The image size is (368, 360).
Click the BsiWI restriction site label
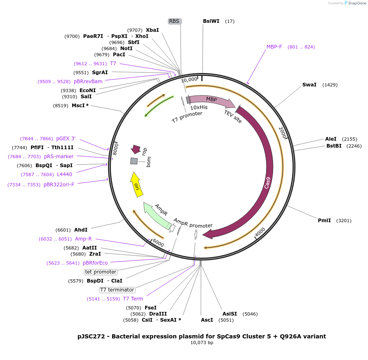[x=211, y=21]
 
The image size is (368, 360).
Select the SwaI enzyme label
[x=309, y=85]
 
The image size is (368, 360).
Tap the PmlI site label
[x=325, y=221]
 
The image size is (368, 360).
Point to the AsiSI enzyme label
[x=229, y=314]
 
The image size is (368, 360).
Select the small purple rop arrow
[x=136, y=149]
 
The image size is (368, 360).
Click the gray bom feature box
[x=134, y=161]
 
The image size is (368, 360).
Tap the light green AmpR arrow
[x=156, y=215]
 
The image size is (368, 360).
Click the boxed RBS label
[x=174, y=21]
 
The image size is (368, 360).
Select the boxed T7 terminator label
[x=117, y=290]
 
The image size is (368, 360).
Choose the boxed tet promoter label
[x=101, y=272]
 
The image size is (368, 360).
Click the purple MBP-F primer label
[x=274, y=47]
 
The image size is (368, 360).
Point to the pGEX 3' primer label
[x=66, y=139]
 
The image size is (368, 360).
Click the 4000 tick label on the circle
[x=260, y=232]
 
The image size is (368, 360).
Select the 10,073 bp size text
[x=202, y=343]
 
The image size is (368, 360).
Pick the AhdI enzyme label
[x=81, y=230]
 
